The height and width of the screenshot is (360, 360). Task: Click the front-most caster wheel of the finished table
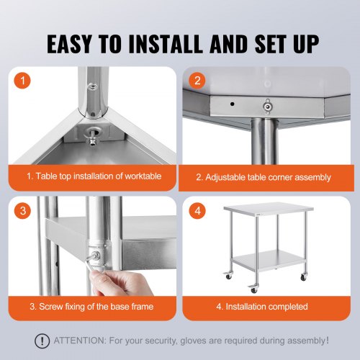(x=253, y=288)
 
